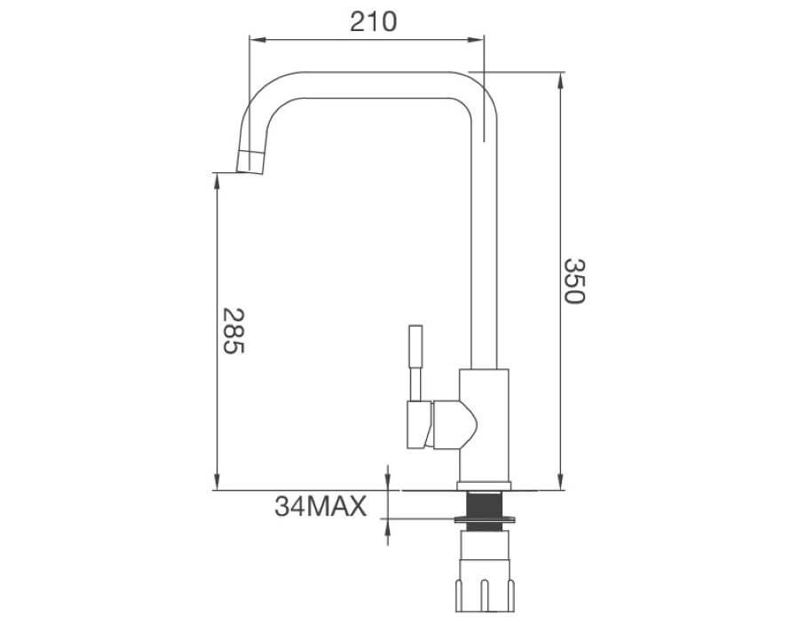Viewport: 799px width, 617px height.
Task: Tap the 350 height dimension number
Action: (574, 281)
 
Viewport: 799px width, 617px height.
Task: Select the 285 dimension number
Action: (232, 331)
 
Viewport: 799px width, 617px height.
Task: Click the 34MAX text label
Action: (320, 507)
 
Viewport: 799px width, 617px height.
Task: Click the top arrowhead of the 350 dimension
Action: (560, 78)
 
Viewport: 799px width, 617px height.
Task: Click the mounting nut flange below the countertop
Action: (483, 516)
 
